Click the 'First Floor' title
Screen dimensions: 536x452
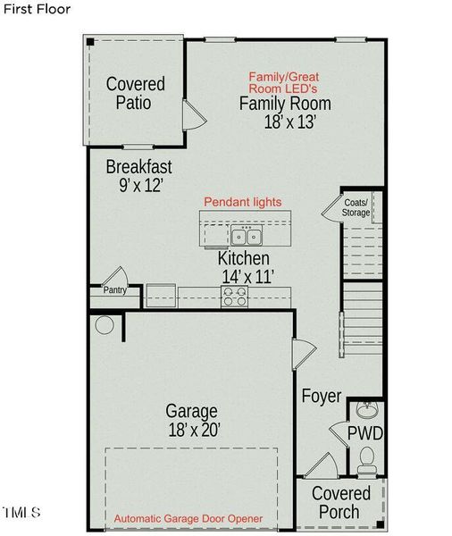tap(36, 9)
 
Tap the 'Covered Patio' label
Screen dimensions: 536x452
tap(135, 93)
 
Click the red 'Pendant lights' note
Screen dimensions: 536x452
tap(243, 202)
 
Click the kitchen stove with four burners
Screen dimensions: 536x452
tap(235, 296)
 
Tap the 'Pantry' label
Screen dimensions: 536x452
tap(114, 289)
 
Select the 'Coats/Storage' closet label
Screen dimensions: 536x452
tap(356, 207)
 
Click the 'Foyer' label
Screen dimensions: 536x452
tap(322, 396)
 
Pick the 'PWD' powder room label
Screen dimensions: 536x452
tap(365, 434)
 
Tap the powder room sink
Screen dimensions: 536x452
tap(365, 411)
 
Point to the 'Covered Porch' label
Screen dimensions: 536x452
tap(340, 502)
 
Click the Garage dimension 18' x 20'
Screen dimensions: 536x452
tap(192, 430)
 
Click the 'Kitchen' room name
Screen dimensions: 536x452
tap(243, 258)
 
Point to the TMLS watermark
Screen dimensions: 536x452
tap(21, 513)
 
